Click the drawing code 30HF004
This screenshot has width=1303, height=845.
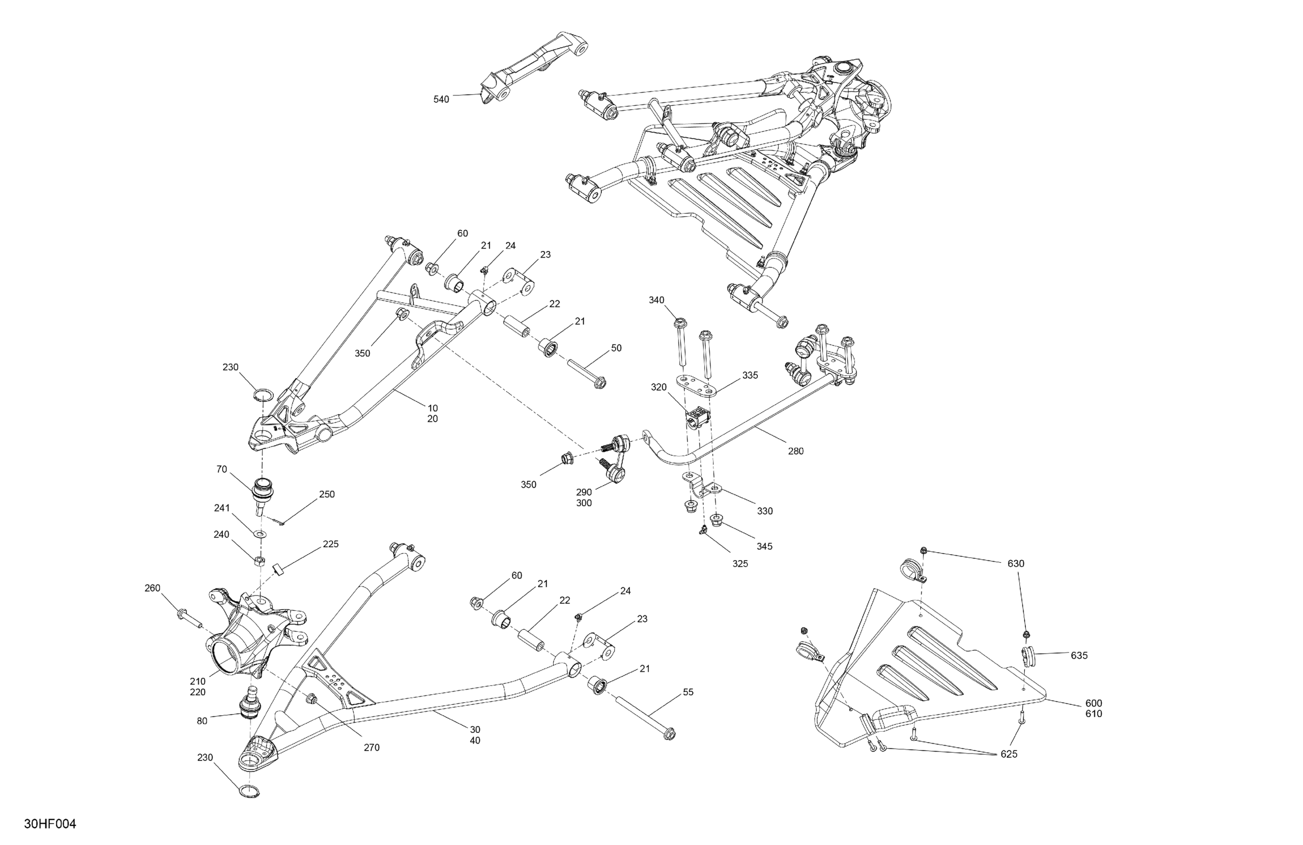50,824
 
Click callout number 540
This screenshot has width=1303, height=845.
441,99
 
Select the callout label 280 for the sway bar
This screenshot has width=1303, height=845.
796,451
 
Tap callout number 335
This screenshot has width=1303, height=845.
750,375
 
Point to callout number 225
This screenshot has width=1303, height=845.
330,544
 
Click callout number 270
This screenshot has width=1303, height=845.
371,748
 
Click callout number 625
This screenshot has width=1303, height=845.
1008,754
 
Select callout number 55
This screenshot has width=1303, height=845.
688,692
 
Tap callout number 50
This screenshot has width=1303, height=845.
616,348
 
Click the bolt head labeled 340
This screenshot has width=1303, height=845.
679,322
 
